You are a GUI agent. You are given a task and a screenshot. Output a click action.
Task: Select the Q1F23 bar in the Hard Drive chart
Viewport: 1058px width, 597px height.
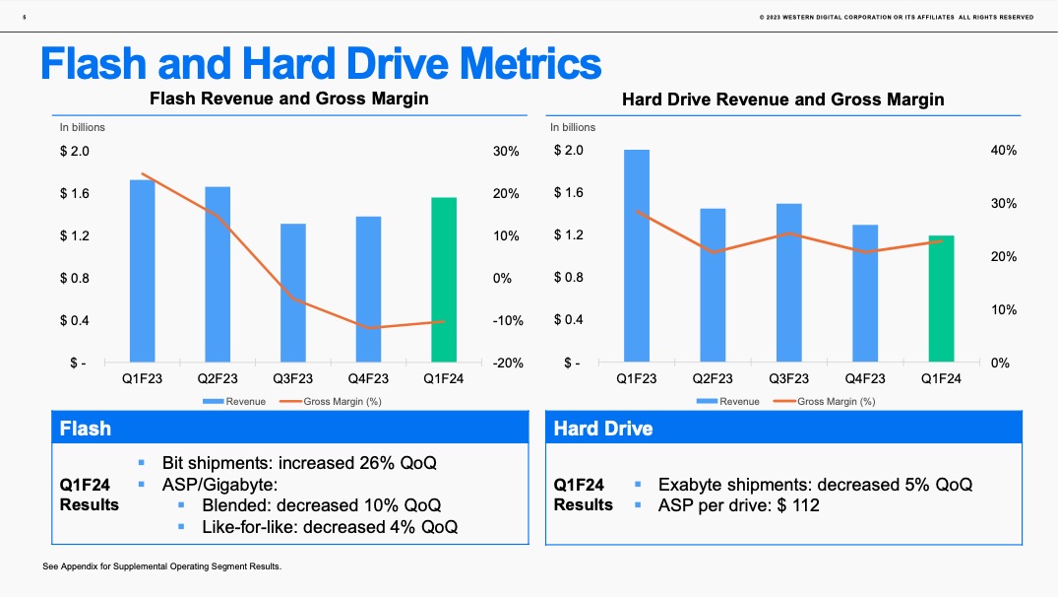coord(637,256)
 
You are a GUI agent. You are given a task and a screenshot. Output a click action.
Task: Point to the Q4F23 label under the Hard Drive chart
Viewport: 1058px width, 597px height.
coord(864,378)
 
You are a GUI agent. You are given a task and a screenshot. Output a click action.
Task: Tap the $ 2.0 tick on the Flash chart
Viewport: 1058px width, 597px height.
coord(74,151)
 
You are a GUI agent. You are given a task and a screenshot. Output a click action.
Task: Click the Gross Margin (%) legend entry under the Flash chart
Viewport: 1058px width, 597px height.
coord(340,401)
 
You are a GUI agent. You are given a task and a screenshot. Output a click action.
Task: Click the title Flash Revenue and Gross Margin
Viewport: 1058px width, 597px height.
coord(288,99)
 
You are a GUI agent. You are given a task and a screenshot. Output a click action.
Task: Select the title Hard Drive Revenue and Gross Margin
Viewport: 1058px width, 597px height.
coord(782,99)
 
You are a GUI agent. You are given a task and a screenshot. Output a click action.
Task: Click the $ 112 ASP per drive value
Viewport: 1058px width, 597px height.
coord(798,505)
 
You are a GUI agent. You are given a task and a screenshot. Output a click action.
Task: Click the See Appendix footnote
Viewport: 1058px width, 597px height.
coord(162,567)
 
